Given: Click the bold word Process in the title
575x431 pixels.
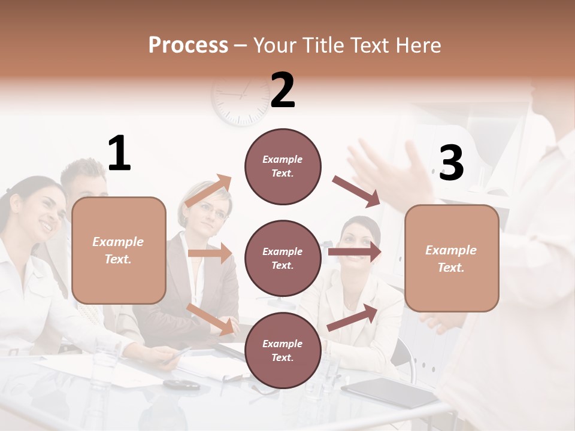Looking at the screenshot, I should (188, 45).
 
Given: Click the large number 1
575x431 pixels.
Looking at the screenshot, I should (119, 154).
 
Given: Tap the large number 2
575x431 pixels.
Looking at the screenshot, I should (283, 90).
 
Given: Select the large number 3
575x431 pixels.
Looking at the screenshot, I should (451, 163).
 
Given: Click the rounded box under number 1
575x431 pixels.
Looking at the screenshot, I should (119, 250).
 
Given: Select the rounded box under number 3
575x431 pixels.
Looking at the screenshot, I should (452, 258).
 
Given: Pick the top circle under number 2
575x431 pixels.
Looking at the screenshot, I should (283, 166).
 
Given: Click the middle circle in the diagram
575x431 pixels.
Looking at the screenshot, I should (283, 258).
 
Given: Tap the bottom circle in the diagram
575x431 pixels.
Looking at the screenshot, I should (283, 350).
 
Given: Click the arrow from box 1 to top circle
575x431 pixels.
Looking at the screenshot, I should (208, 190).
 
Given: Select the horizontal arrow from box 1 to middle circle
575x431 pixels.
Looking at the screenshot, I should (210, 253).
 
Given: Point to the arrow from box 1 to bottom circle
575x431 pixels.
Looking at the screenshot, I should (210, 318).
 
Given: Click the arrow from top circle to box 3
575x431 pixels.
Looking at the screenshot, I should (356, 192).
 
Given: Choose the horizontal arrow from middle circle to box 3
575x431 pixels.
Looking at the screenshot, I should (355, 251).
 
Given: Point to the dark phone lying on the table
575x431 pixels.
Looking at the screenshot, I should (181, 384).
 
